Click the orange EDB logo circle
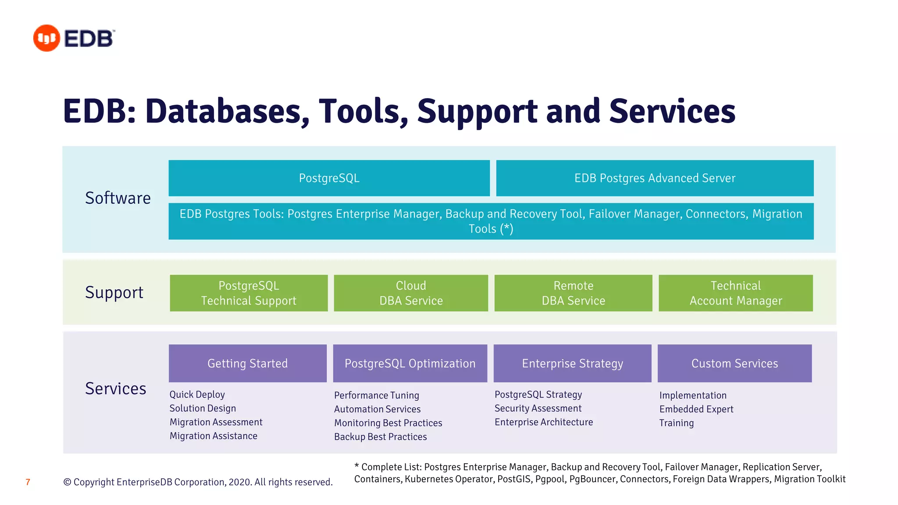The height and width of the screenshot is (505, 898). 46,38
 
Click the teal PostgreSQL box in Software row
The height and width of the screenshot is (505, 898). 329,178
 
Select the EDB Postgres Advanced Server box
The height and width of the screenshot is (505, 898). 655,178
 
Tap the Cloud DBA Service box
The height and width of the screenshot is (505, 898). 411,293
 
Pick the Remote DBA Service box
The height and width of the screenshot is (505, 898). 573,293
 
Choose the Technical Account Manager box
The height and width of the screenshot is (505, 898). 735,293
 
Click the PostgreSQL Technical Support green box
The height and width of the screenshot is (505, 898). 249,293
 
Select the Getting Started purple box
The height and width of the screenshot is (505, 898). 247,363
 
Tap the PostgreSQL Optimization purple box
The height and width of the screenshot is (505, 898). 410,363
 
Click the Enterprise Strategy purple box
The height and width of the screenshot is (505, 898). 572,363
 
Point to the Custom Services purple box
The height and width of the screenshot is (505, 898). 734,363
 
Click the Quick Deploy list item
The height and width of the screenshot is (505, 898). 197,395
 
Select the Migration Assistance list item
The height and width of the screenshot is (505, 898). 214,436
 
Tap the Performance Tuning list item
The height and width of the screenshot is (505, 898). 377,395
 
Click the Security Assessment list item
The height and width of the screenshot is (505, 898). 538,409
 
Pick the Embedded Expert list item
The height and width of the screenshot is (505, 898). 696,409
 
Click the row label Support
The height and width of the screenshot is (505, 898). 114,292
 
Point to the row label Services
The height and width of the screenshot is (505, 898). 115,389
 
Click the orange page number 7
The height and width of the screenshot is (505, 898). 28,482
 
